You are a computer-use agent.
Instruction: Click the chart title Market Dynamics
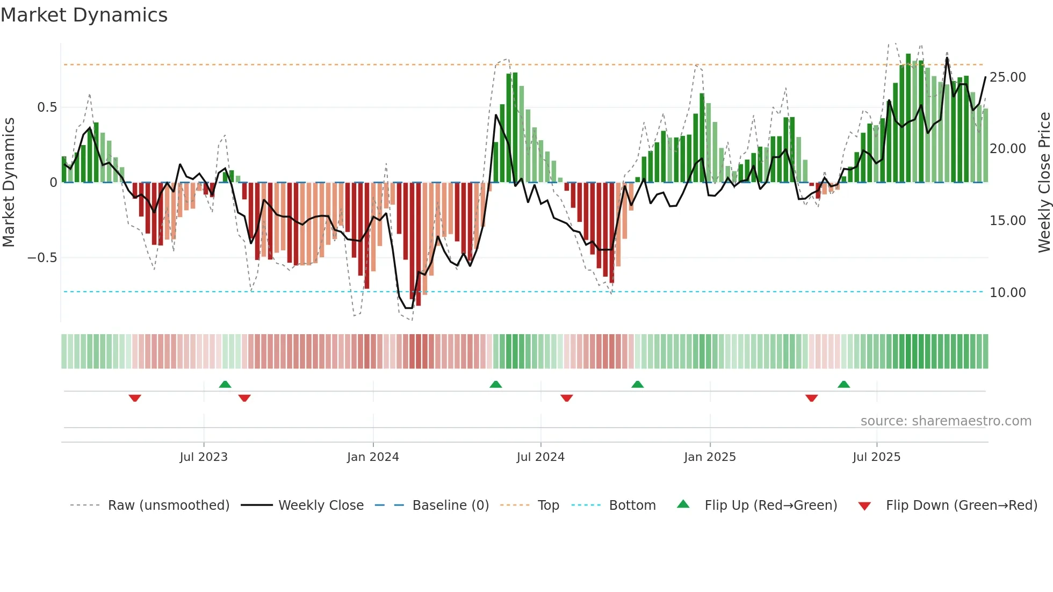tap(84, 15)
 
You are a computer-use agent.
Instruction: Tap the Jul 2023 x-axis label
tap(204, 457)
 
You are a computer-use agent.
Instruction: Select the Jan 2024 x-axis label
tap(373, 457)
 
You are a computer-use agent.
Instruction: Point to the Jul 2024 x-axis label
tap(540, 457)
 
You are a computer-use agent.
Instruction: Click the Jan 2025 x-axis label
tap(710, 457)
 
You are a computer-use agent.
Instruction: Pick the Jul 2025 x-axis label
tap(876, 457)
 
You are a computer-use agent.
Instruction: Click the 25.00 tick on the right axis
tap(1007, 77)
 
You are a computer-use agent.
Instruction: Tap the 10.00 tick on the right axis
tap(1007, 293)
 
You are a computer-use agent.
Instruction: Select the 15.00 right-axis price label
tap(1007, 221)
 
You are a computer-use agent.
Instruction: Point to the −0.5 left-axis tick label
tap(42, 258)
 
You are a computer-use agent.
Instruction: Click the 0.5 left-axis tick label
tap(47, 107)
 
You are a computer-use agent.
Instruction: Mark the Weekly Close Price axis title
tap(1044, 183)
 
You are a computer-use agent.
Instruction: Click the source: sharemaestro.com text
tap(946, 421)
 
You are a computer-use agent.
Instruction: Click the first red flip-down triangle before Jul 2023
tap(135, 398)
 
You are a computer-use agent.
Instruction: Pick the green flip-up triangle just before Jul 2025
tap(843, 384)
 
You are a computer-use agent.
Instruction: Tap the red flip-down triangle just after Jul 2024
tap(566, 398)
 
